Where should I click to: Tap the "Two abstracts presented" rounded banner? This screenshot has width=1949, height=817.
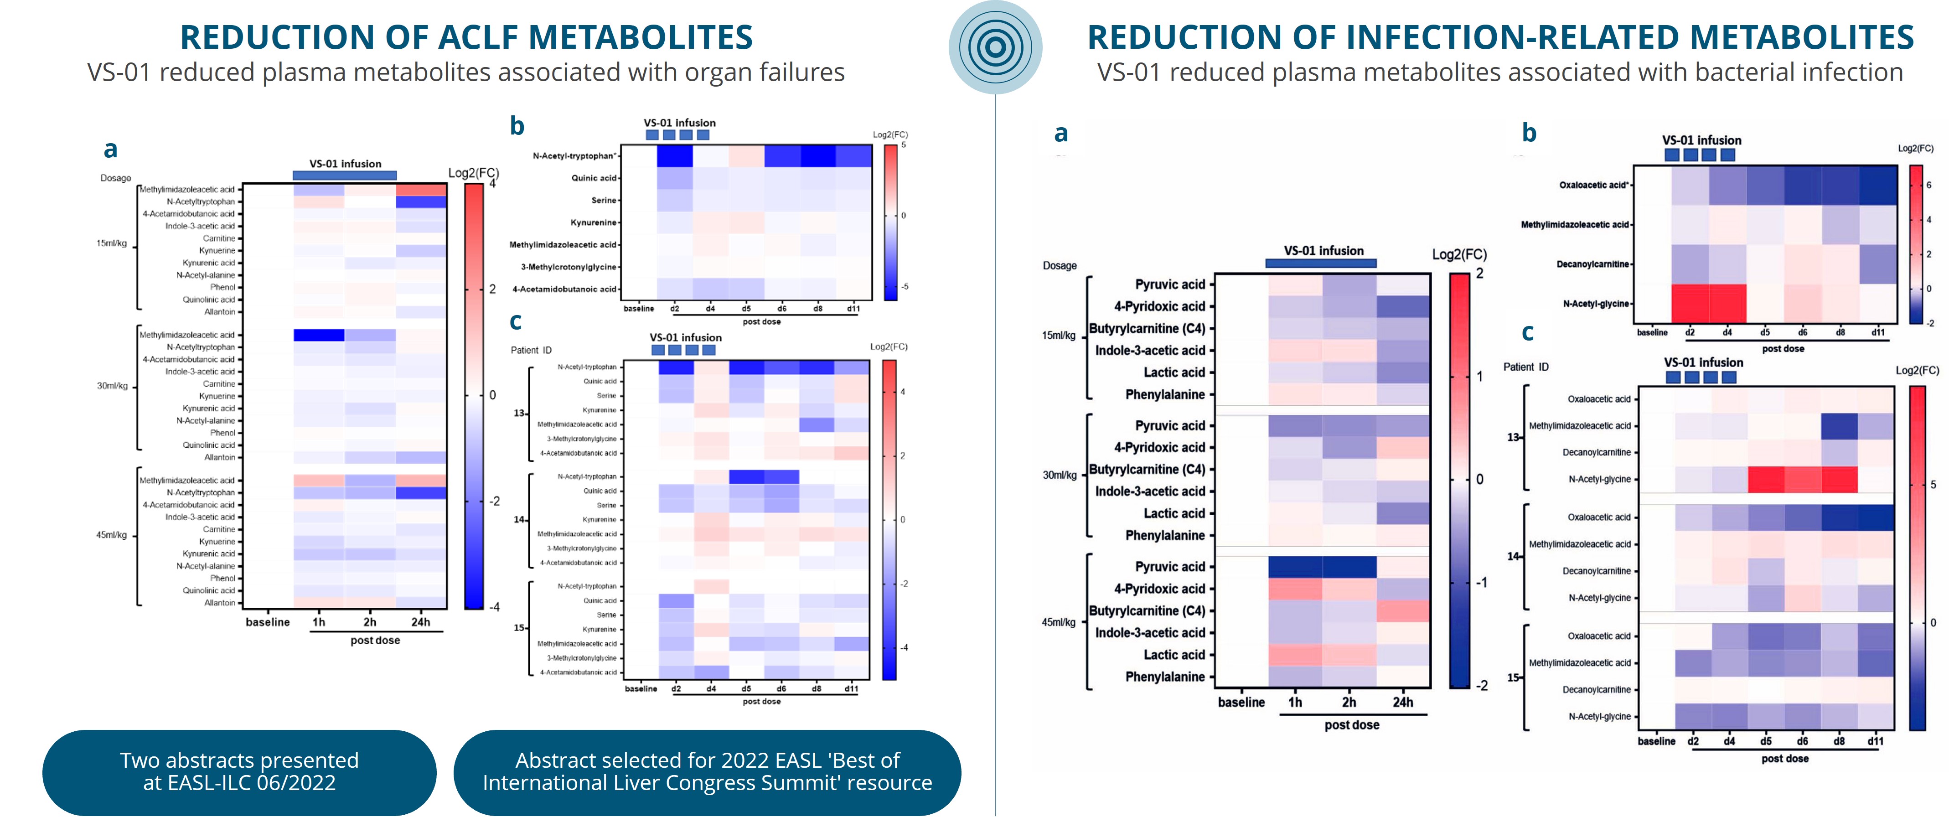[239, 771]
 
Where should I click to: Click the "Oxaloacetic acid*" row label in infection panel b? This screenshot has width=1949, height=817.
[1593, 185]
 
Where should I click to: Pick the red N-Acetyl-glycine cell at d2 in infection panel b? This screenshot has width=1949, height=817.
[1690, 303]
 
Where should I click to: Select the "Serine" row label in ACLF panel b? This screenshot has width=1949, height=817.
[603, 201]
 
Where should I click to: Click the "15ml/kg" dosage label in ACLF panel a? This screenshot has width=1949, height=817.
[111, 243]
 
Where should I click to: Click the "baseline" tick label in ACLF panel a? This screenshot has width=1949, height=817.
[267, 622]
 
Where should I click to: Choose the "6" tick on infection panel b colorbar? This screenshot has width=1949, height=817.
[1928, 185]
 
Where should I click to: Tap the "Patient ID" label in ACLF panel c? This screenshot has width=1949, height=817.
[531, 350]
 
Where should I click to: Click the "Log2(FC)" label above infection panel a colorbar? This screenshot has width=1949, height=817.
[1459, 255]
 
